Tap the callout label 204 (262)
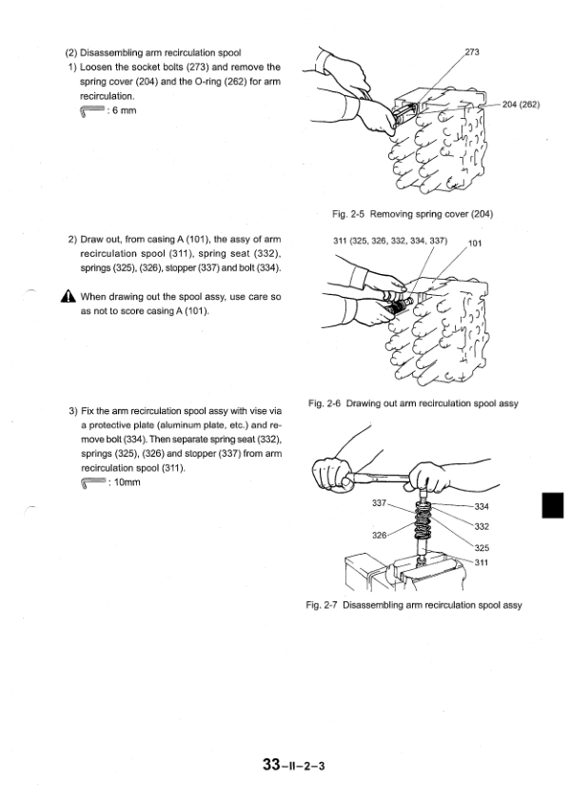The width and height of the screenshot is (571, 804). [521, 105]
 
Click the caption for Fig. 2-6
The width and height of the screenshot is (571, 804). [413, 403]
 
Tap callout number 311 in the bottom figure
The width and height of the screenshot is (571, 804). [481, 562]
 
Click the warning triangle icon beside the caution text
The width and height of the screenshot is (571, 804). [69, 296]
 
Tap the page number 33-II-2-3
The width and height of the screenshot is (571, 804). [287, 765]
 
